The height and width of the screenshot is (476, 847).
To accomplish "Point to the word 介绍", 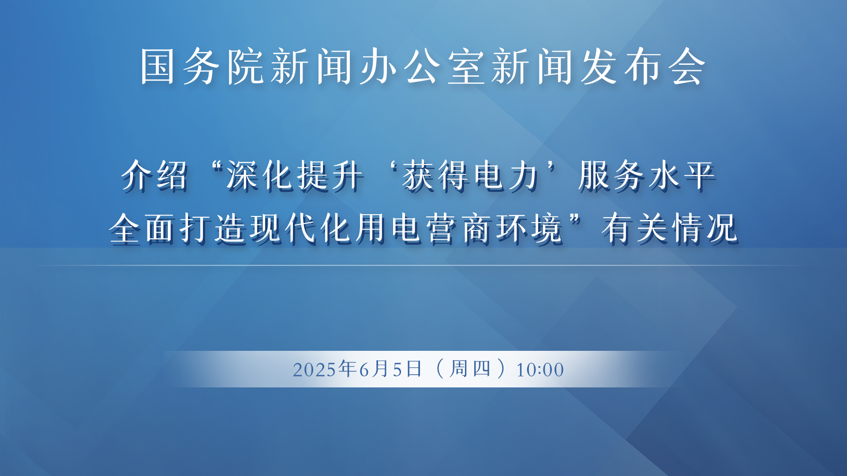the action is tap(154, 175).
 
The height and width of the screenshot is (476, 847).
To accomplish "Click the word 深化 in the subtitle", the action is tap(260, 175).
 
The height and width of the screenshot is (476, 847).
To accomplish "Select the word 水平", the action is tap(682, 175).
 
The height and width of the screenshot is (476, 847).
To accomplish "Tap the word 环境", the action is tap(530, 228).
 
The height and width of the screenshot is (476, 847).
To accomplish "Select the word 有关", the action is tap(635, 228).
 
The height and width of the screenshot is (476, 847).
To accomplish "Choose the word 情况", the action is tap(705, 228).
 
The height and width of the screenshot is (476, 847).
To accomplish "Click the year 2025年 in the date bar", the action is tap(325, 369).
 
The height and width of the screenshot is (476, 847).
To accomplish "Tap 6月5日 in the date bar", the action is tap(391, 369).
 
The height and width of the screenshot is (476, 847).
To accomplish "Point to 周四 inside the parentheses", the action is tap(470, 369).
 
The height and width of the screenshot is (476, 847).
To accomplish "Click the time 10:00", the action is tap(540, 370).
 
